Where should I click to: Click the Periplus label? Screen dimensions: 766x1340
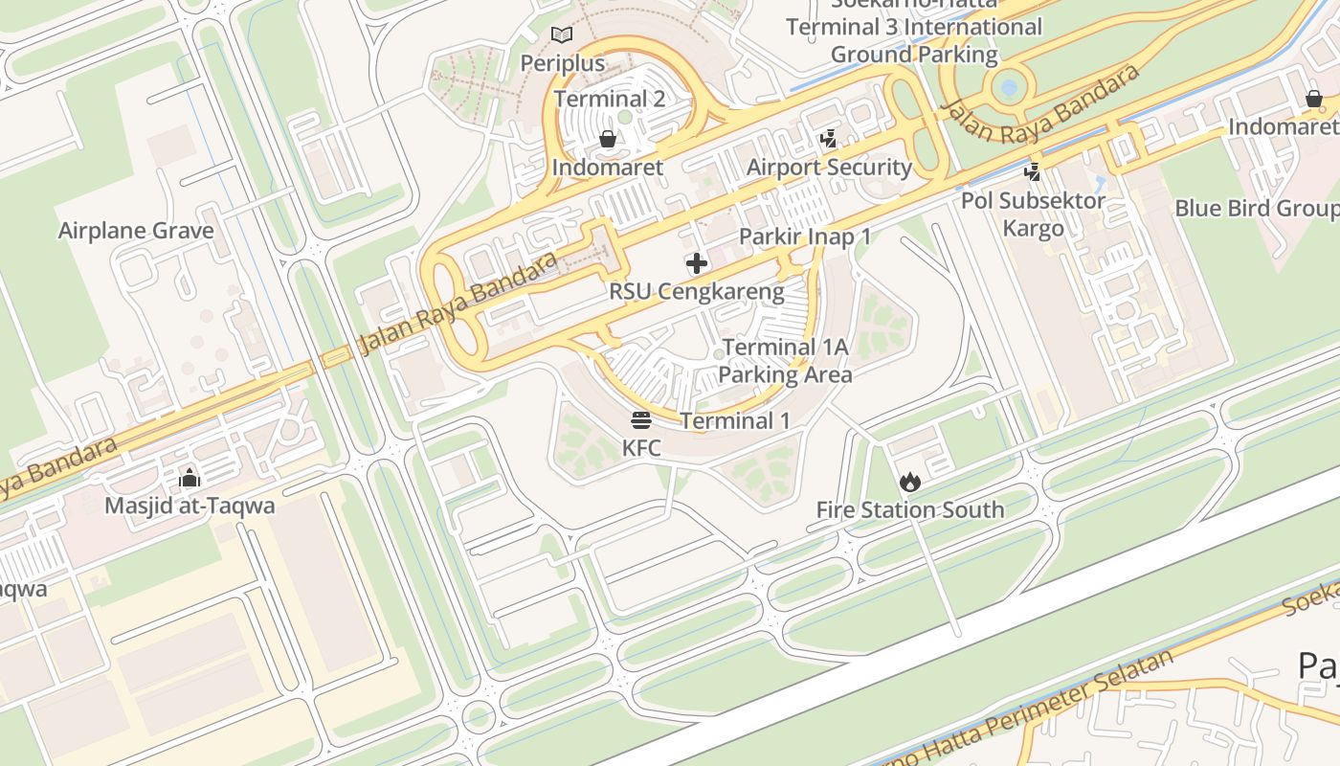[562, 63]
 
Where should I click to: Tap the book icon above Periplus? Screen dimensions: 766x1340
[562, 35]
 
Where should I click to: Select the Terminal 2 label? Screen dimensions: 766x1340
[609, 99]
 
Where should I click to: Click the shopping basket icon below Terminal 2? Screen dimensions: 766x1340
[607, 140]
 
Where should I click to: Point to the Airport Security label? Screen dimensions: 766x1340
[829, 168]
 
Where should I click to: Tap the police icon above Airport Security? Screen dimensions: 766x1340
[829, 139]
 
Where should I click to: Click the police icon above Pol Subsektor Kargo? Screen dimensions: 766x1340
[1033, 172]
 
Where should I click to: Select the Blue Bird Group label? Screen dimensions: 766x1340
[1256, 209]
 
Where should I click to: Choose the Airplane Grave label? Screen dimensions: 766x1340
[136, 231]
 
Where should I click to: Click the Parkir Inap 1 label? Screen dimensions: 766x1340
[804, 237]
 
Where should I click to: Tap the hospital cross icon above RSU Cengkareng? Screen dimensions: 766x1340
[697, 263]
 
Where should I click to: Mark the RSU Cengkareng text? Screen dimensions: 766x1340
[697, 292]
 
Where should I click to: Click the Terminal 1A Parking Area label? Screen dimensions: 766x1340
[785, 361]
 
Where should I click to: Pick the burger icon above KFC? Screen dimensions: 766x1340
[641, 419]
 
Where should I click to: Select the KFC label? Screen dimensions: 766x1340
[641, 447]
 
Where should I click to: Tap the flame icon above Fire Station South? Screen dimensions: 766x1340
[909, 482]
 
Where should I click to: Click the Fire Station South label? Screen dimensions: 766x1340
[909, 509]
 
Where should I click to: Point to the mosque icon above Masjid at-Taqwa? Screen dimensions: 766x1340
[190, 477]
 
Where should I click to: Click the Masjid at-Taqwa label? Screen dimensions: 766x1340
[190, 505]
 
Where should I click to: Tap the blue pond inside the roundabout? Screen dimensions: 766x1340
[1008, 88]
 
